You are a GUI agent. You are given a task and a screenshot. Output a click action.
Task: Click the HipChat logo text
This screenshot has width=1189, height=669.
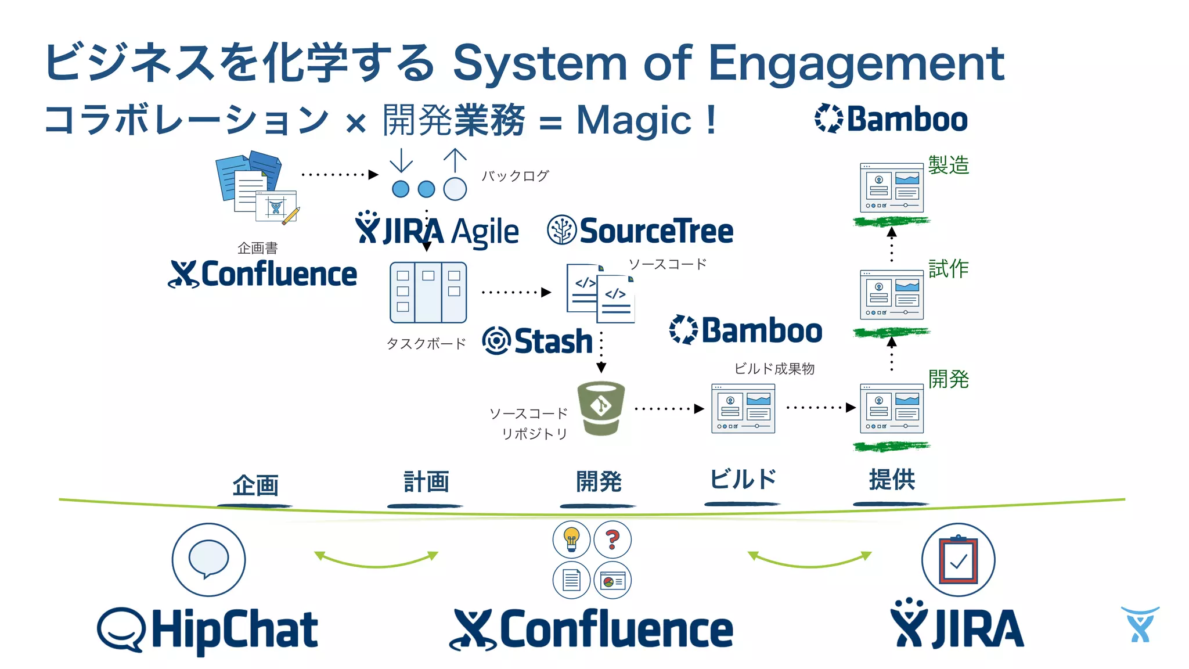point(234,631)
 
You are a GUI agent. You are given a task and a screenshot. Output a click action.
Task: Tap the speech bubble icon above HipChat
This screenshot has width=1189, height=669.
point(208,559)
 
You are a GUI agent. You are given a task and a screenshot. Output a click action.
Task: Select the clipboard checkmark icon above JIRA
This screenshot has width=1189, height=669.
point(958,559)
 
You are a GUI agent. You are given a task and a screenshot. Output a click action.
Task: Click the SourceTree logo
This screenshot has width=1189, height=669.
point(640,231)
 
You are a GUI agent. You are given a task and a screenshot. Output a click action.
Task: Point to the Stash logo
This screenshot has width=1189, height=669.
point(538,341)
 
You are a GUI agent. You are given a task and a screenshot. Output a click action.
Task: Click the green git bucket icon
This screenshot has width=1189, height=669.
point(601,408)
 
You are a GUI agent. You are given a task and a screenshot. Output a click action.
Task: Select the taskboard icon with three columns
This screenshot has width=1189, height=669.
point(428,292)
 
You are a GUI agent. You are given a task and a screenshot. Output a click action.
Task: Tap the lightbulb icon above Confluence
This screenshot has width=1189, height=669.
point(571,539)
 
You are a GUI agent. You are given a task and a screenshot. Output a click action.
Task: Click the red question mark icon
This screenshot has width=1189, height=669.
point(612,539)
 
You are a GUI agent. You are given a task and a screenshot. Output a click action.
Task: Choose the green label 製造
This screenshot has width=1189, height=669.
point(948,165)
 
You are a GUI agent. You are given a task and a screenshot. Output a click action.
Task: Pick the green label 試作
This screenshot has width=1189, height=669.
point(948,269)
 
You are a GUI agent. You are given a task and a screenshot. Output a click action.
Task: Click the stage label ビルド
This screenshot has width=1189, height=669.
point(743,480)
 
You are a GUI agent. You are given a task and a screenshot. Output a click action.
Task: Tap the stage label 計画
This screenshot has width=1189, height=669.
point(426,482)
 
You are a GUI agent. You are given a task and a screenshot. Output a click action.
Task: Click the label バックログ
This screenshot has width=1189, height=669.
point(515,176)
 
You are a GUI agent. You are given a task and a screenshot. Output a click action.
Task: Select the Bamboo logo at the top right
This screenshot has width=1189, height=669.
point(891,119)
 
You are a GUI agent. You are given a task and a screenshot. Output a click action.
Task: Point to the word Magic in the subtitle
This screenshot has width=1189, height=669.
point(633,121)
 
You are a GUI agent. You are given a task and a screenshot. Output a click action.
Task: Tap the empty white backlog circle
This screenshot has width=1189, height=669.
point(455,189)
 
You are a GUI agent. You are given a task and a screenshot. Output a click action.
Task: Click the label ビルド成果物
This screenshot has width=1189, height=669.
point(774,369)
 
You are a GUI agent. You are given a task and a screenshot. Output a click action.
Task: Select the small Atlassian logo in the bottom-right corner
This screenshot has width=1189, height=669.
point(1140,625)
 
